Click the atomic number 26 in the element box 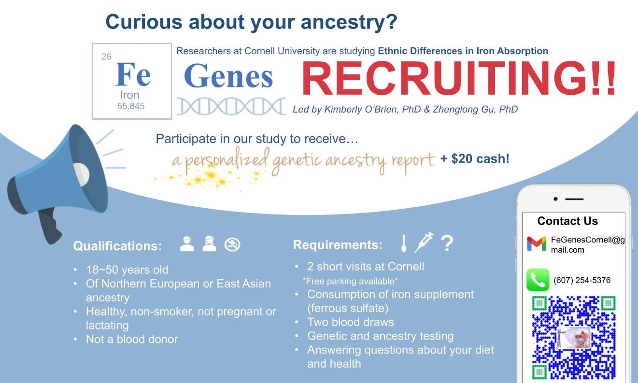(x=106, y=57)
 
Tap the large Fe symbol (x=133, y=74)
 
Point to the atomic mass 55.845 (x=131, y=106)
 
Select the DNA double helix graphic (x=231, y=106)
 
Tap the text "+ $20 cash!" (x=475, y=159)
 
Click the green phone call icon (x=538, y=280)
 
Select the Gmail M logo (x=537, y=244)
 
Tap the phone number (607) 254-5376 (x=582, y=280)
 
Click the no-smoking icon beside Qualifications (x=232, y=244)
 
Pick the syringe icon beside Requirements (x=424, y=242)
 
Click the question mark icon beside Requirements (x=447, y=243)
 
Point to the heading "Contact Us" (x=567, y=221)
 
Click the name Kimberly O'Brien (x=361, y=109)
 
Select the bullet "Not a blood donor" (x=132, y=340)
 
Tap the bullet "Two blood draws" (x=351, y=322)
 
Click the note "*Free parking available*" (x=350, y=281)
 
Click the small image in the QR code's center (x=574, y=338)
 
